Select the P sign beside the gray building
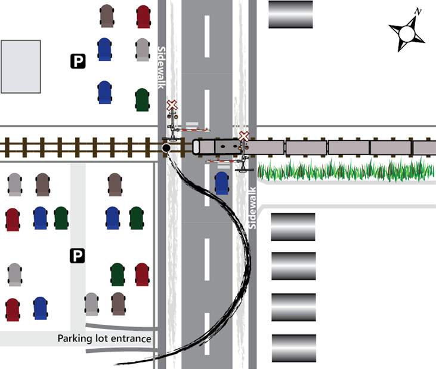[78, 60]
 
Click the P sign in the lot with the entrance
[77, 256]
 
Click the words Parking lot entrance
[104, 339]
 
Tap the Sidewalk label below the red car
[160, 67]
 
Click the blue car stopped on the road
[222, 183]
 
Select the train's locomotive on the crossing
[217, 146]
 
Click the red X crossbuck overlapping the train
[243, 137]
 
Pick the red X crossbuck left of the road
[172, 106]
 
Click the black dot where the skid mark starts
[166, 147]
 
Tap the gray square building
[21, 66]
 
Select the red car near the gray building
[143, 16]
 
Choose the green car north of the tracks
[142, 100]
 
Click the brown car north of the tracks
[107, 16]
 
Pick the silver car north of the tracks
[142, 50]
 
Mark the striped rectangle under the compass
[290, 14]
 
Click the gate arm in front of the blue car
[224, 161]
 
